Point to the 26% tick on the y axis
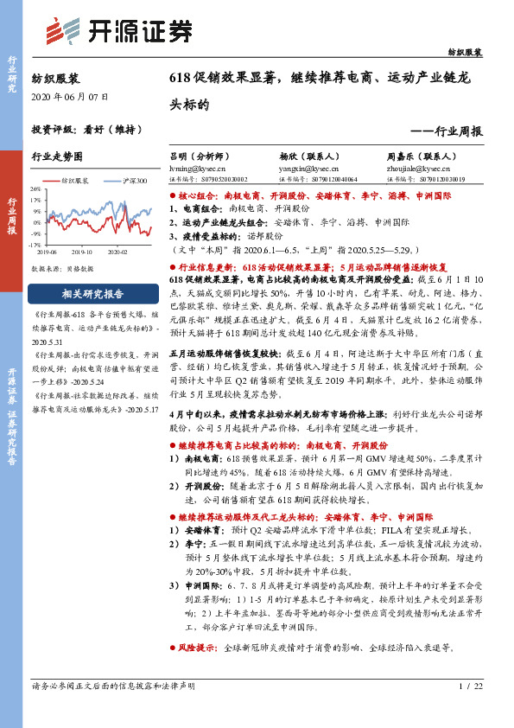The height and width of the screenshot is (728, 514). pyautogui.click(x=35, y=188)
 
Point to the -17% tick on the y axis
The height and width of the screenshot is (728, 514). pyautogui.click(x=35, y=245)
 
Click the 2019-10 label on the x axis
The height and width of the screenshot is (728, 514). pyautogui.click(x=82, y=252)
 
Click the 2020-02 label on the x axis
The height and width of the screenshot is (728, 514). pyautogui.click(x=117, y=252)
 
